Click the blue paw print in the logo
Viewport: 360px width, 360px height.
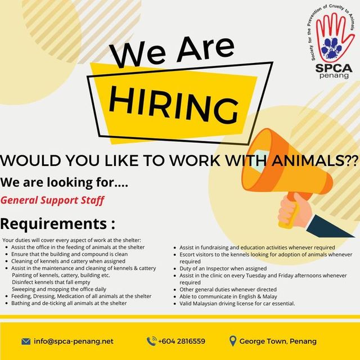[331, 48]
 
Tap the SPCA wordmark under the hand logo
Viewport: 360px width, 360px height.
[334, 68]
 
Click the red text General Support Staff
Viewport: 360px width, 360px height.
[52, 200]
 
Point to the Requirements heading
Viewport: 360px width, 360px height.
[57, 223]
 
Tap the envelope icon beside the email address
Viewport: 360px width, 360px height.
[26, 341]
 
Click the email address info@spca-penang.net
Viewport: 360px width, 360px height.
[74, 341]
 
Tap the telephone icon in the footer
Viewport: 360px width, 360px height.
[151, 341]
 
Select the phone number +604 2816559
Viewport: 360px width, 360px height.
[182, 341]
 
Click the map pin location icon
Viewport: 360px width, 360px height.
[233, 341]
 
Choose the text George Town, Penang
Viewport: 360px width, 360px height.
[278, 341]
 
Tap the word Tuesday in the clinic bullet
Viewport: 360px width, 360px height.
[255, 275]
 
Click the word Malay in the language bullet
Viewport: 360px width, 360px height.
[270, 296]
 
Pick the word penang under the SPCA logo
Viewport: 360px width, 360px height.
[334, 76]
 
